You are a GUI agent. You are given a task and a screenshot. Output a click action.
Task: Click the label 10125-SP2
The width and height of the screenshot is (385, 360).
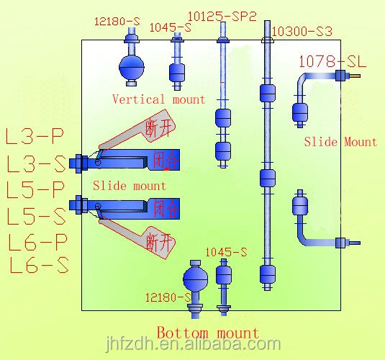222,17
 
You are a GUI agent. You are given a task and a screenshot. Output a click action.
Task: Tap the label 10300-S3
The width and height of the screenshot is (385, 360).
302,32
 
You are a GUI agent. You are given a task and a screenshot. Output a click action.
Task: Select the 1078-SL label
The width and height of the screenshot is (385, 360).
332,62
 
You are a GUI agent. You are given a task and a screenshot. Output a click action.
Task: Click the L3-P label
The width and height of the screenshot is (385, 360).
35,136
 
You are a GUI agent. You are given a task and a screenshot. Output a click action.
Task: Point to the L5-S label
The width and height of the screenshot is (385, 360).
36,216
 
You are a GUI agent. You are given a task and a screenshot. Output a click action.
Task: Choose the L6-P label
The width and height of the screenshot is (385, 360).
37,242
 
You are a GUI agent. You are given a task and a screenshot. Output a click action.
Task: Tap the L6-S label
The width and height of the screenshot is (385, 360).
39,266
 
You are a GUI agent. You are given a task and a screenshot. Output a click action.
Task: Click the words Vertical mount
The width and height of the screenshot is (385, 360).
158,99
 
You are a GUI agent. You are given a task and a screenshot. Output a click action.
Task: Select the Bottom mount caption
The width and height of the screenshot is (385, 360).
208,333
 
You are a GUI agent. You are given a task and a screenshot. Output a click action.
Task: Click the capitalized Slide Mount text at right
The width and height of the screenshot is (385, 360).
340,142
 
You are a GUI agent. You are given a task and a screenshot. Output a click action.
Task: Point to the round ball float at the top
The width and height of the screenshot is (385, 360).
132,67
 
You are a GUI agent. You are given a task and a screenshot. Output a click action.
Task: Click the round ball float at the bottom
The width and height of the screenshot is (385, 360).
196,279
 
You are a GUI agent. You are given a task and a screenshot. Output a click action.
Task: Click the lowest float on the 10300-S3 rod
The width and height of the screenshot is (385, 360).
267,274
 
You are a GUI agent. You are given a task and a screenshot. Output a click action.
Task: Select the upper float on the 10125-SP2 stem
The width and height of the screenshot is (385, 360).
223,117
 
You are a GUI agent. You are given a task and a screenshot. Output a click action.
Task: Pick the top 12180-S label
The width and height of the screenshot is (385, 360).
117,22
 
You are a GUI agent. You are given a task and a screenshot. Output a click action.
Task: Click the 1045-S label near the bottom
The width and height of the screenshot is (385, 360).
226,252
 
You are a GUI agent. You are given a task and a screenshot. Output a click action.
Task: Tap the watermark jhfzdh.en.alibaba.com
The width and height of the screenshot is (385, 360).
194,345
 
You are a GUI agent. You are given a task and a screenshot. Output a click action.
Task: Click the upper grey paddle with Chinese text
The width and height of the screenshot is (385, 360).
138,130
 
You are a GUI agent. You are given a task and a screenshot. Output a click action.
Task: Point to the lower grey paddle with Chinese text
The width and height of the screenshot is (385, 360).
137,238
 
